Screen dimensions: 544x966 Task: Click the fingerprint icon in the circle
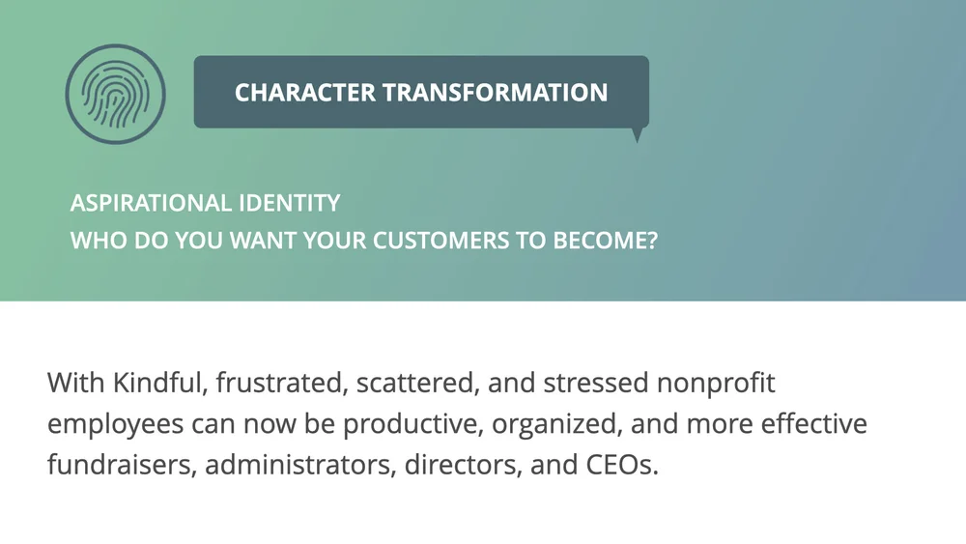click(115, 94)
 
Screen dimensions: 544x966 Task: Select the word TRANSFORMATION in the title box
click(495, 93)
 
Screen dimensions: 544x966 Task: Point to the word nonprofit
click(716, 384)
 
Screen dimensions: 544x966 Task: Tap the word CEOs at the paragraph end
click(622, 465)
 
